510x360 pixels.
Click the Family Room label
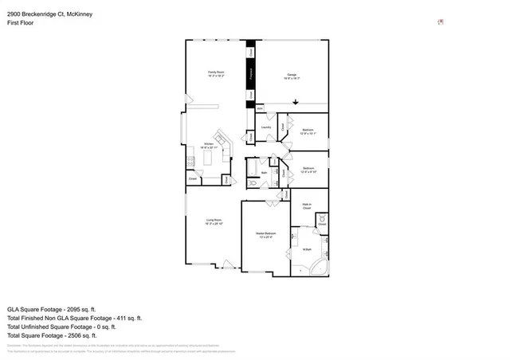[216, 73]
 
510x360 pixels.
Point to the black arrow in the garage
[296, 101]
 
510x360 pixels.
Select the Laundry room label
[265, 127]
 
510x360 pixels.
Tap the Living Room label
[214, 221]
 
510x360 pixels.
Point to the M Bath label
[306, 250]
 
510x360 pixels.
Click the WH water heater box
[260, 108]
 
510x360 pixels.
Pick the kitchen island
[209, 160]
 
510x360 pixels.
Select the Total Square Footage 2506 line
[51, 335]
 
